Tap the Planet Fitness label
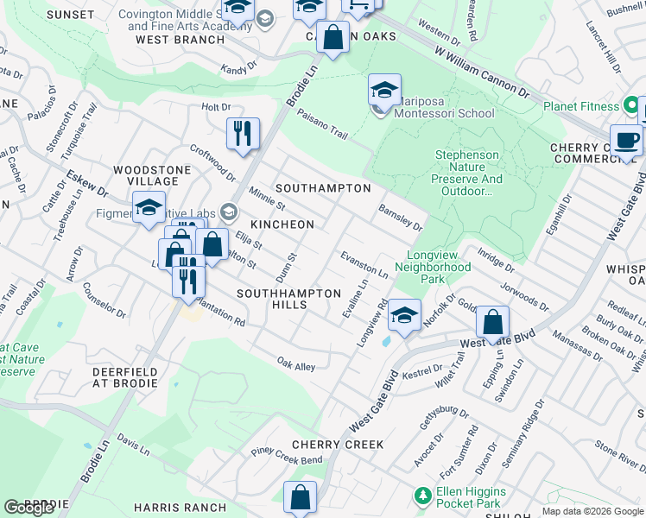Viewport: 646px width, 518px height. click(581, 107)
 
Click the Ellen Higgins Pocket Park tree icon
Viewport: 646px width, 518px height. click(422, 496)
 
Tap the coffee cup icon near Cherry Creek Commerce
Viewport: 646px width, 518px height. click(626, 139)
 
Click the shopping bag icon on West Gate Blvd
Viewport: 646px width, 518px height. click(492, 324)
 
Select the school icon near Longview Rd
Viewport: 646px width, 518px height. click(403, 315)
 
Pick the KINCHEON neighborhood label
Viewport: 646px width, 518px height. click(282, 224)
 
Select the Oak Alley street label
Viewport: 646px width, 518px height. click(295, 365)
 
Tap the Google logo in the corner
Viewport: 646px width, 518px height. click(29, 508)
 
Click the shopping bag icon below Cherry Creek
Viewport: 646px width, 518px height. click(300, 497)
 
